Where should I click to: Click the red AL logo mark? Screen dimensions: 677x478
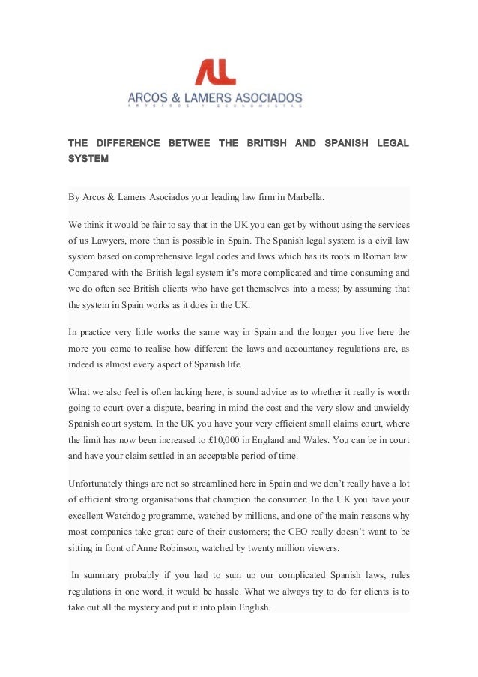[x=216, y=72]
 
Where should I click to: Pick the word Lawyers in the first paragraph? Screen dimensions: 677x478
[x=105, y=241]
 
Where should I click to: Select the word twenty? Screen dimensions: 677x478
[x=277, y=547]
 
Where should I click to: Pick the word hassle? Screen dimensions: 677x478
[x=240, y=592]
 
